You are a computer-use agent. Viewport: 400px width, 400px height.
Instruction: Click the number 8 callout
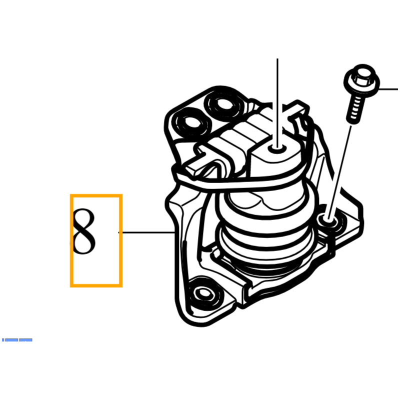tap(84, 231)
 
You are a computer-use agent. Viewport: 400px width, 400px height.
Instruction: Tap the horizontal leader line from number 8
tap(146, 232)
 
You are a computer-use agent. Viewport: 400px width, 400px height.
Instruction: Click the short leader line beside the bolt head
tap(388, 89)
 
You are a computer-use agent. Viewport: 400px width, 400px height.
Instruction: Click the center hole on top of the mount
tap(277, 148)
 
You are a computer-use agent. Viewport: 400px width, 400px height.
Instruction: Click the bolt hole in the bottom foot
tap(203, 293)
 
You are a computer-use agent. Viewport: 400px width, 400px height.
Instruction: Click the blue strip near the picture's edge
tap(17, 340)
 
